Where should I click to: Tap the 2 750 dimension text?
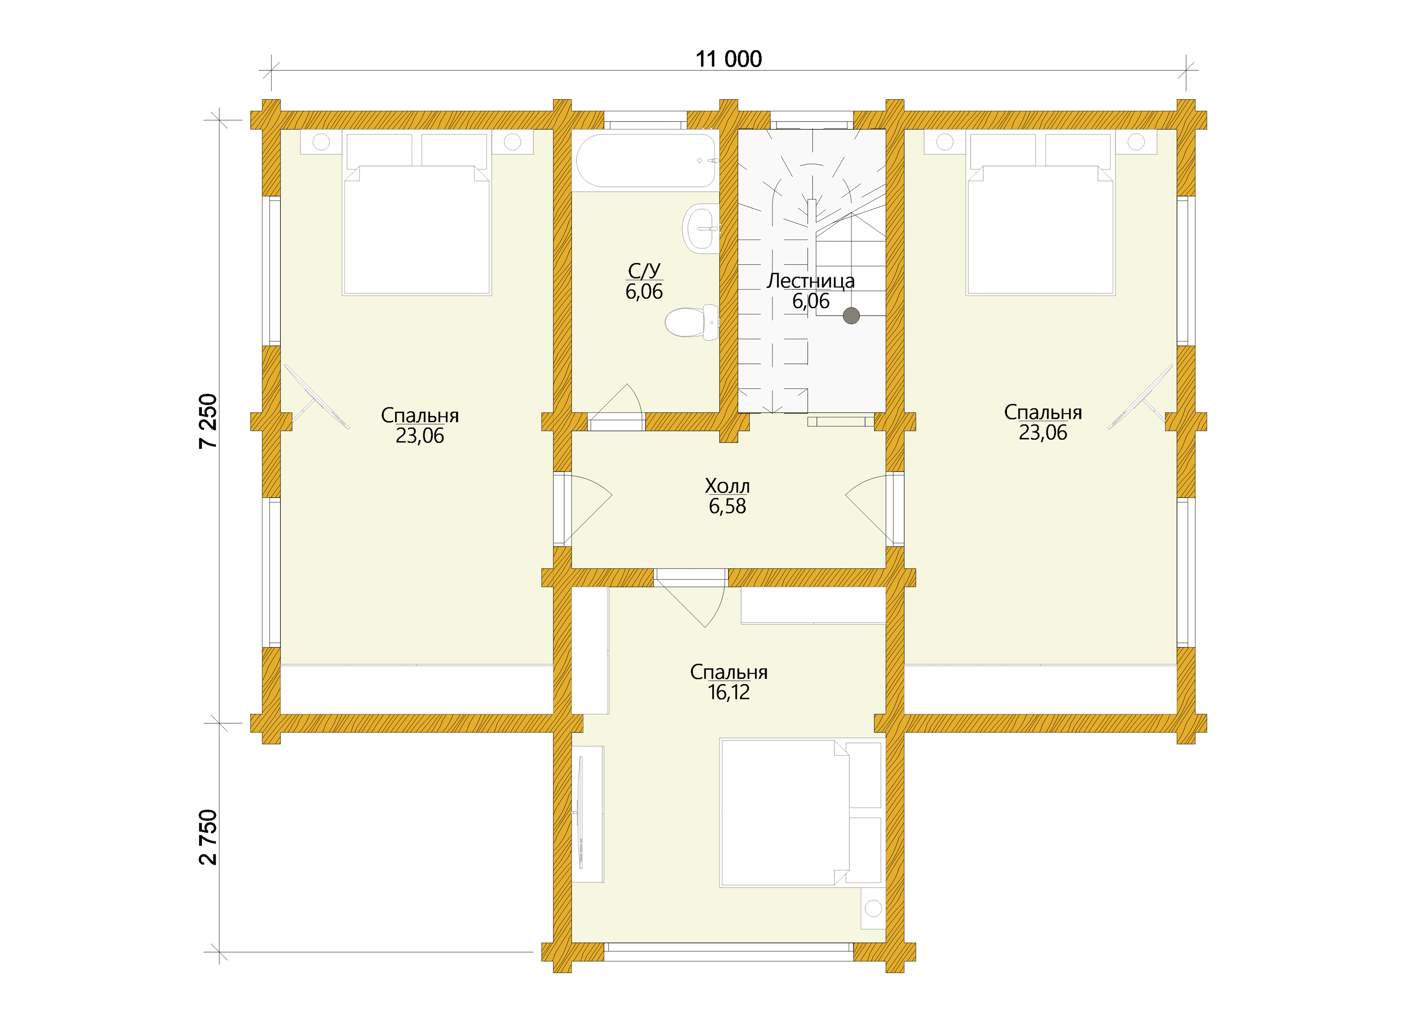click(209, 837)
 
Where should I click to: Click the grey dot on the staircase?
click(851, 316)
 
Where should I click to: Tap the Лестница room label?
click(811, 281)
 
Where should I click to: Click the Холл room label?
click(728, 486)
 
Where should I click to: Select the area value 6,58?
click(728, 507)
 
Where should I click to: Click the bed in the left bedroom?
click(417, 214)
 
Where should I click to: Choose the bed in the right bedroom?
click(1041, 214)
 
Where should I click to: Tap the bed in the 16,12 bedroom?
click(801, 813)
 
